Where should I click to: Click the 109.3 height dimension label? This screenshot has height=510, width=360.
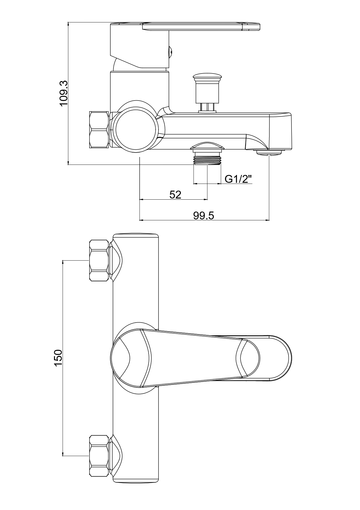[x=63, y=94]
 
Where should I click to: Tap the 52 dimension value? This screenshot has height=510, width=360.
[x=175, y=194]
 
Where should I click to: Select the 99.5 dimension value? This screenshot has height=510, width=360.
[x=204, y=215]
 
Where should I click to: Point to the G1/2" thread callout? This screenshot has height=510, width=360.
[x=238, y=179]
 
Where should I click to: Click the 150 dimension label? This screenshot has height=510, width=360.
[x=58, y=358]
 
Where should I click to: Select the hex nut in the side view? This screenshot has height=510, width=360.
[x=99, y=130]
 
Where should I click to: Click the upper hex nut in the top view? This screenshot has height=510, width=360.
[x=99, y=260]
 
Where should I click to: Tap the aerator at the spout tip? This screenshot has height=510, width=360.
[x=269, y=152]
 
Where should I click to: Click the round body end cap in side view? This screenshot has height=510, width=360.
[x=136, y=129]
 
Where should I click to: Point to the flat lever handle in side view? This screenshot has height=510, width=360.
[x=200, y=26]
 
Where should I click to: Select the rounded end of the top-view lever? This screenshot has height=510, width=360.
[x=279, y=358]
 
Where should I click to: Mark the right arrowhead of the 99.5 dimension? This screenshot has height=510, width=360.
[x=267, y=220]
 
